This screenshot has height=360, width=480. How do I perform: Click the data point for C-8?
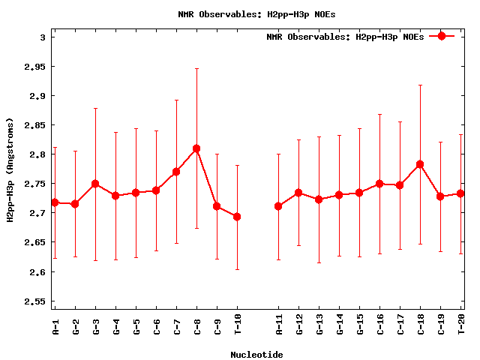[x=196, y=148]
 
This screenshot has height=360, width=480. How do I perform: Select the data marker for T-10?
[x=237, y=217]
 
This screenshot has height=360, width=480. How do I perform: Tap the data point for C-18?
[x=420, y=164]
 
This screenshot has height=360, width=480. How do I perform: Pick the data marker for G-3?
[x=95, y=184]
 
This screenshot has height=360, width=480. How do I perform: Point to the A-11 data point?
[x=278, y=206]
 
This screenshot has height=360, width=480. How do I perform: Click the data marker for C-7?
[x=176, y=172]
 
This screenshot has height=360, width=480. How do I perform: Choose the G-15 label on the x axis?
[x=359, y=327]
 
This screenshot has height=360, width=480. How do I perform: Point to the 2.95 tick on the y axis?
[x=36, y=67]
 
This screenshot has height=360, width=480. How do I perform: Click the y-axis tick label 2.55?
[x=36, y=301]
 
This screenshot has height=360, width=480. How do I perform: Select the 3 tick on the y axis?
[x=43, y=37]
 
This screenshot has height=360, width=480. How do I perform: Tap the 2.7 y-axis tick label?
[x=38, y=214]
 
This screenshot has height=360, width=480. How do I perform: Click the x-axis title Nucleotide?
[x=256, y=355]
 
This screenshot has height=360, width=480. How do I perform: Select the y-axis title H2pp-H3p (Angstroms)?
[x=10, y=169]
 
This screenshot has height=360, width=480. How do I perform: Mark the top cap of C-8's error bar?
[x=196, y=68]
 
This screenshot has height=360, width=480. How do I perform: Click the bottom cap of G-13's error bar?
[x=319, y=262]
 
